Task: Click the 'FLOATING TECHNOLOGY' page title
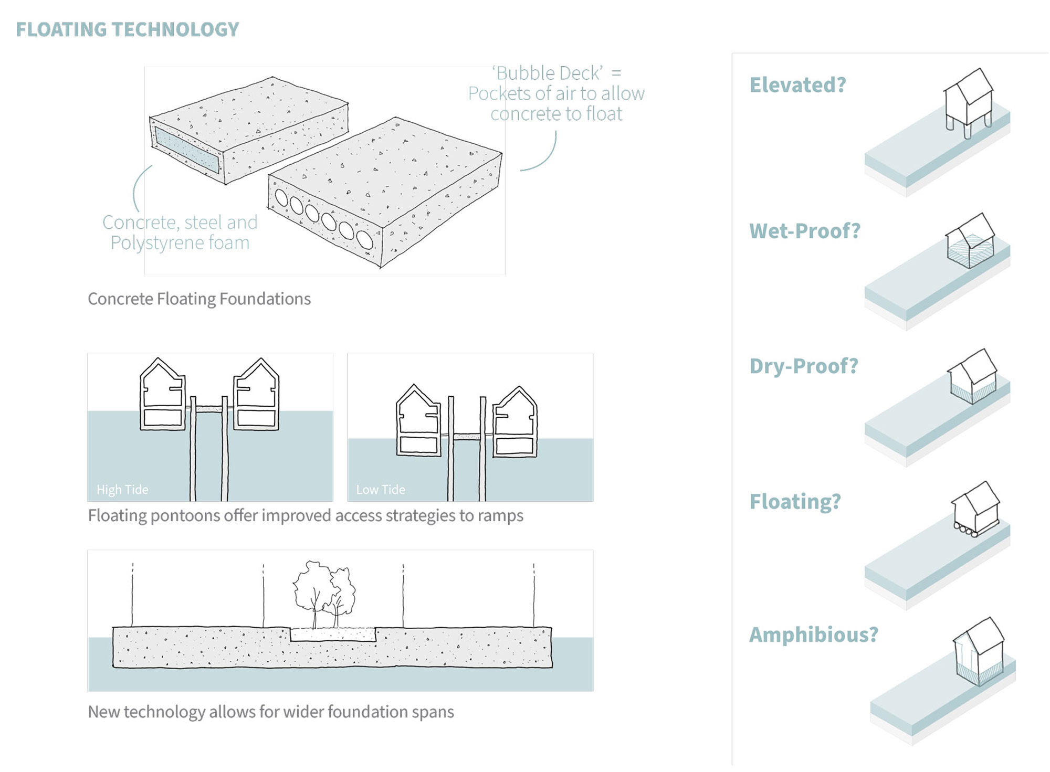[x=127, y=29]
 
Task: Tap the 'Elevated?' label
[x=797, y=85]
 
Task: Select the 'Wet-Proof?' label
[x=804, y=231]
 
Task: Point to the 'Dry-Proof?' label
[x=803, y=366]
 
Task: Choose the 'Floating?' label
[x=795, y=502]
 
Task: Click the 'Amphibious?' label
[x=813, y=635]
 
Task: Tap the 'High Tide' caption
[x=122, y=490]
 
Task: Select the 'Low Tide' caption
[x=381, y=490]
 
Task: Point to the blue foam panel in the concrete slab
[x=186, y=150]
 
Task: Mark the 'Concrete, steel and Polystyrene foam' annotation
[x=180, y=232]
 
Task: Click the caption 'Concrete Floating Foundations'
[x=199, y=299]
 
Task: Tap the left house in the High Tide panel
[x=162, y=395]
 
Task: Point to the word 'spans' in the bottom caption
[x=433, y=712]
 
